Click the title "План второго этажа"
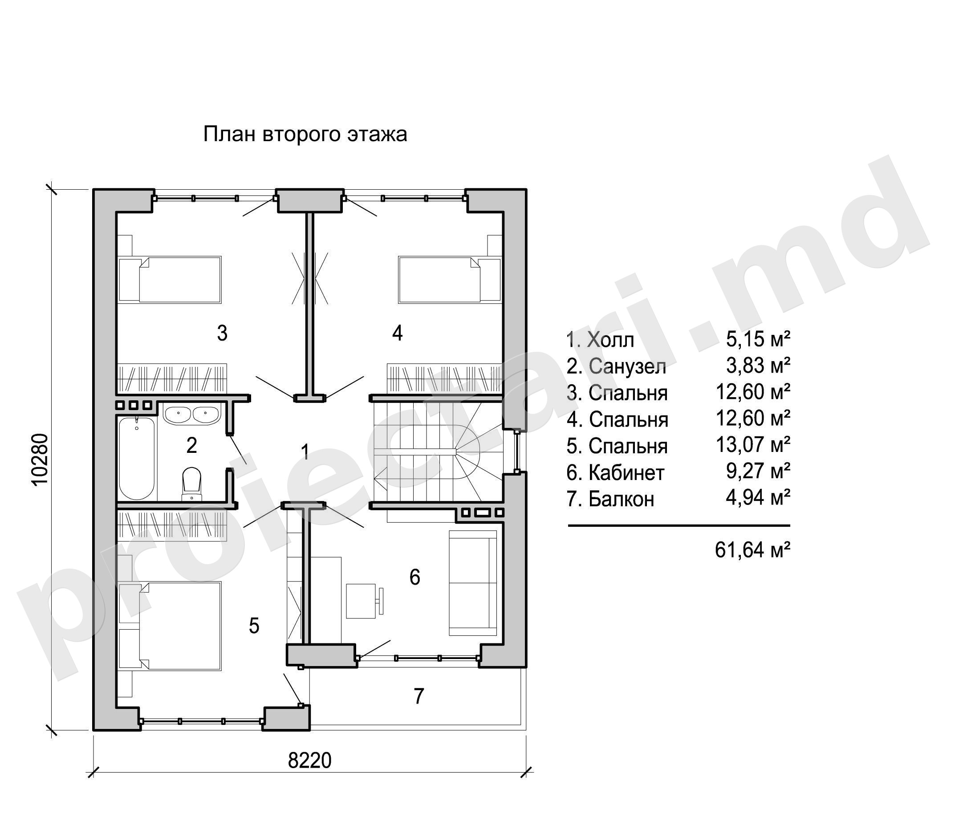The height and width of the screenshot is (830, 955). tap(305, 135)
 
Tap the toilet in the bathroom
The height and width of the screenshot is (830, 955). tap(192, 484)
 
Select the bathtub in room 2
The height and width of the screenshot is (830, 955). tap(137, 458)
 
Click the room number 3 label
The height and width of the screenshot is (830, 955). tap(222, 333)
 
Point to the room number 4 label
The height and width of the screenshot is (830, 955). tap(398, 333)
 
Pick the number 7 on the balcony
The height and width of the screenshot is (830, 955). tap(419, 696)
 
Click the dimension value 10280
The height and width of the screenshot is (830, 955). tap(41, 459)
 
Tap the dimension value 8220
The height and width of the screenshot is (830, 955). tap(310, 761)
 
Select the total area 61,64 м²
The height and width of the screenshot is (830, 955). tap(752, 550)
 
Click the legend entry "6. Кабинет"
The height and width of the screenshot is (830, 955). tap(615, 473)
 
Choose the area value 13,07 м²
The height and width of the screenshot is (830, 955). tap(753, 445)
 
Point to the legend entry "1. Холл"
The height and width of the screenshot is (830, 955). tap(600, 340)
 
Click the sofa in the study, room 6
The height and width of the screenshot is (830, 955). tap(473, 583)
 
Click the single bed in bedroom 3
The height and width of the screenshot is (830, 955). tap(170, 280)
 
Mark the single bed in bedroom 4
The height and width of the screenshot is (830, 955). tap(450, 280)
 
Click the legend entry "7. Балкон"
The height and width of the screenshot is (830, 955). tap(610, 499)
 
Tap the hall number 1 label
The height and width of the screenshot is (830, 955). tap(305, 452)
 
